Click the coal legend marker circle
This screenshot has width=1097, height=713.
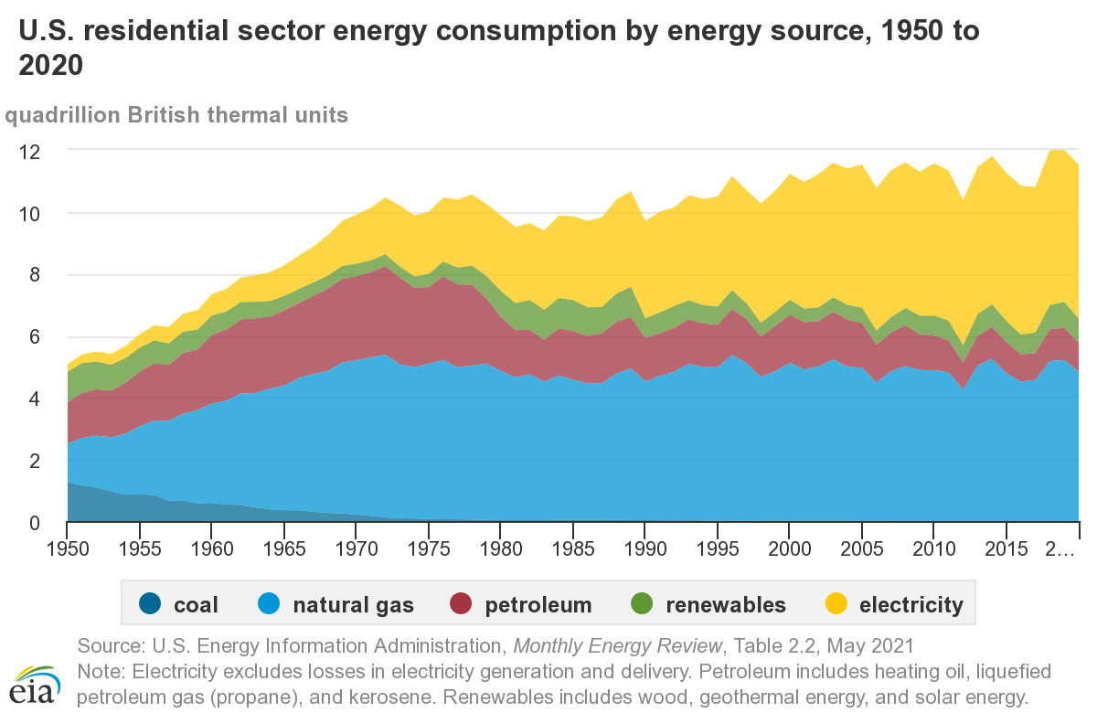[x=150, y=604]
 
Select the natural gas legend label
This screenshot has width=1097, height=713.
[x=353, y=604]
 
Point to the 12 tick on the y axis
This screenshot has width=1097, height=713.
[x=32, y=151]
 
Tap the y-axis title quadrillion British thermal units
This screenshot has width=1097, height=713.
[x=176, y=116]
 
